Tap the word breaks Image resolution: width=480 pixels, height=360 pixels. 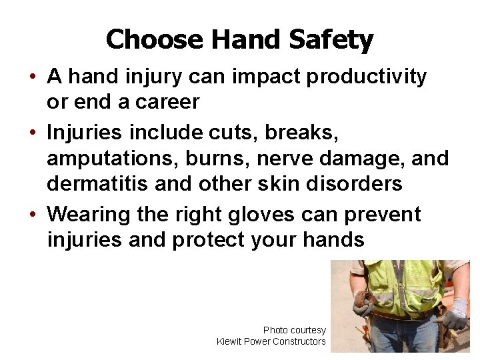point(302,132)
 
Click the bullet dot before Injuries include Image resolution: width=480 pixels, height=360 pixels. point(33,133)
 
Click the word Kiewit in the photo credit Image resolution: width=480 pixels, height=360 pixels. point(229,341)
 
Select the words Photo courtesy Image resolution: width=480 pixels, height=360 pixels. point(295,330)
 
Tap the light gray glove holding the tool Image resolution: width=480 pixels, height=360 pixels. point(457,313)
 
